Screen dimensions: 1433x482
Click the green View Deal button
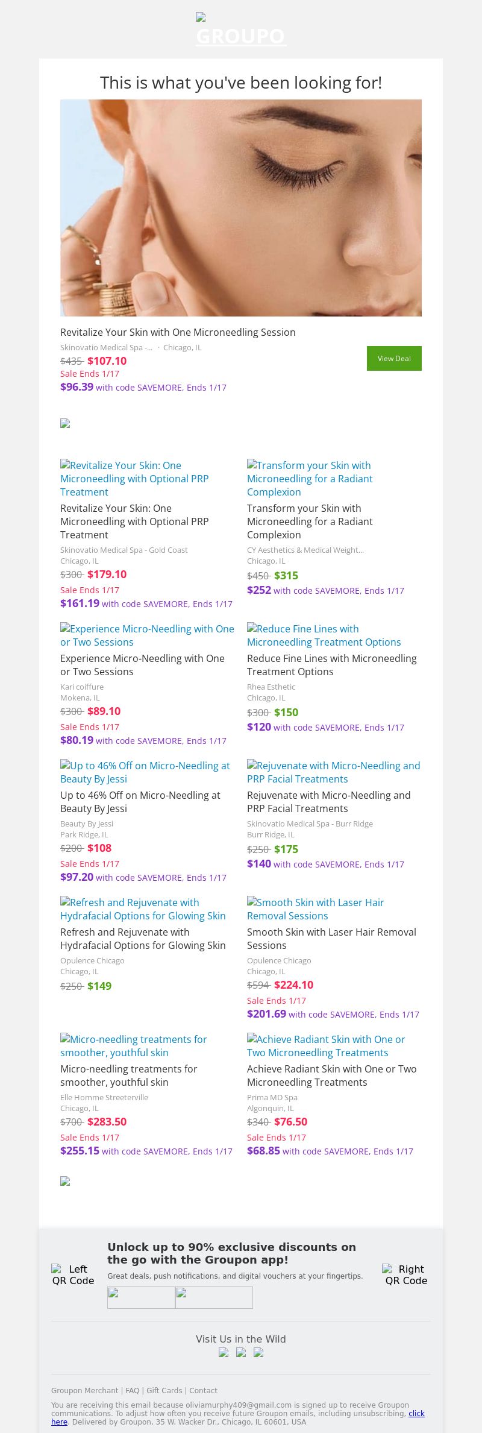click(x=394, y=358)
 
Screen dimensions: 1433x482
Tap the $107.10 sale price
click(x=107, y=361)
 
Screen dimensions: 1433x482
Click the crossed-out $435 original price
click(x=71, y=361)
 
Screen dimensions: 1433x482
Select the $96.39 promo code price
click(x=77, y=387)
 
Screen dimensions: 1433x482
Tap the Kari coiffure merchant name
click(x=82, y=687)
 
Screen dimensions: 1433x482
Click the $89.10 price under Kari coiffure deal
click(x=104, y=711)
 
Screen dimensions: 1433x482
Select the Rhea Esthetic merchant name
click(x=271, y=687)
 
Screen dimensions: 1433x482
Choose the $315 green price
click(x=286, y=576)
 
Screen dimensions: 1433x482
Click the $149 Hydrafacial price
click(x=99, y=986)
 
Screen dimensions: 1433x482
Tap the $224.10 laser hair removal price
click(x=294, y=985)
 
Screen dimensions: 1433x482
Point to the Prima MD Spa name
click(x=272, y=1097)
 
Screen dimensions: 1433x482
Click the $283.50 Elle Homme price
click(x=107, y=1122)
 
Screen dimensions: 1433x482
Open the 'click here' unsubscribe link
click(x=416, y=1413)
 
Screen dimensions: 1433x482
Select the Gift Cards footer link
click(x=164, y=1390)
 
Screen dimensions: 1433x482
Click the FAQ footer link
click(x=132, y=1390)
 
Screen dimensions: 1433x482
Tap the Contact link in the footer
click(x=204, y=1390)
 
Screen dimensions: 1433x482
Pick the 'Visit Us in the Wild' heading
click(x=241, y=1339)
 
